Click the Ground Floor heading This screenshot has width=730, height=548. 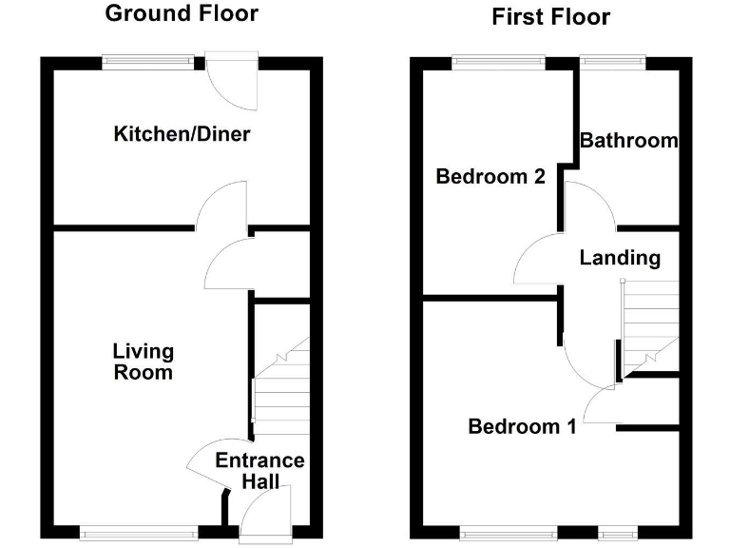pyautogui.click(x=181, y=14)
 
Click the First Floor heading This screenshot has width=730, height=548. pyautogui.click(x=550, y=17)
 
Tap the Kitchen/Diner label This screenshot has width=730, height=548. pyautogui.click(x=182, y=134)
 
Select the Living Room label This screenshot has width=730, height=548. pyautogui.click(x=144, y=362)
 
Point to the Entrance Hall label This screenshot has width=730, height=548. pyautogui.click(x=259, y=471)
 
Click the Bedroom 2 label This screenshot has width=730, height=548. pyautogui.click(x=490, y=177)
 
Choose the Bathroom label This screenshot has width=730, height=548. pyautogui.click(x=628, y=141)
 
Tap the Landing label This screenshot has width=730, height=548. pyautogui.click(x=620, y=258)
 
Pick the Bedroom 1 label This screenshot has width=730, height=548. pyautogui.click(x=522, y=427)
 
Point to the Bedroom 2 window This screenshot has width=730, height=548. pyautogui.click(x=498, y=63)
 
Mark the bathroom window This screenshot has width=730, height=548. pyautogui.click(x=613, y=63)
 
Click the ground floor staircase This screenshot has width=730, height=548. pyautogui.click(x=281, y=390)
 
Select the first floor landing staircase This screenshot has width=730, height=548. pyautogui.click(x=650, y=323)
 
